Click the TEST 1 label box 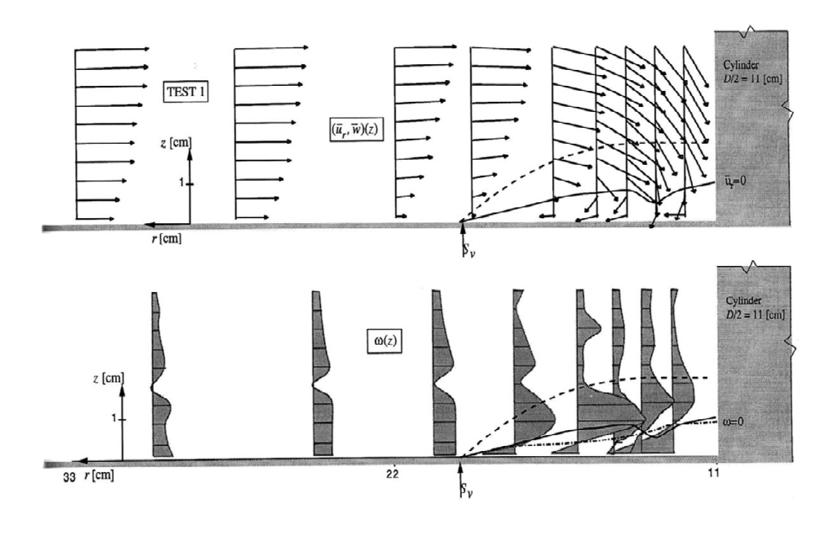[x=186, y=92]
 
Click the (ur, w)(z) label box [x=356, y=129]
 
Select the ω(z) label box [x=384, y=340]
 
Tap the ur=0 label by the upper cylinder [x=735, y=181]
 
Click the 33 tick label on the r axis [x=69, y=478]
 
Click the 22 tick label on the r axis [x=393, y=474]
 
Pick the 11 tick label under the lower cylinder [x=714, y=473]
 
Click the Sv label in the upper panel [x=469, y=251]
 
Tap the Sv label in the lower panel [x=466, y=491]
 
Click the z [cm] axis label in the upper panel [x=176, y=143]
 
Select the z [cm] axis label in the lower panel [x=108, y=379]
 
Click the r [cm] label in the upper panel [x=167, y=239]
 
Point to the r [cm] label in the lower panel [x=99, y=475]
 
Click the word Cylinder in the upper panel [x=741, y=65]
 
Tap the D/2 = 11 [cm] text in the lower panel [x=755, y=314]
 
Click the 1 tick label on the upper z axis [x=181, y=183]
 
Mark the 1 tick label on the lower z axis [x=114, y=418]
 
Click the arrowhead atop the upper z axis [x=190, y=155]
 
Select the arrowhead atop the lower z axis [x=122, y=391]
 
